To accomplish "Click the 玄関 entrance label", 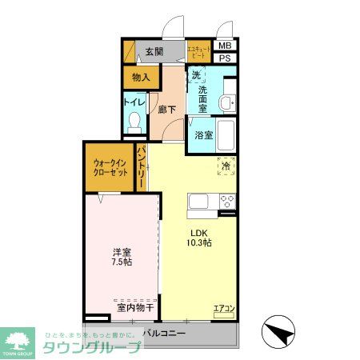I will tap(154, 52).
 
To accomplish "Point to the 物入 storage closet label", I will tap(141, 77).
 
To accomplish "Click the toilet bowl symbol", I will tap(134, 121).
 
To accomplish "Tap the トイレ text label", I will tap(134, 102).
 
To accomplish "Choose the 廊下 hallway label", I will tap(166, 109).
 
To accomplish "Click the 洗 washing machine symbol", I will tap(197, 77).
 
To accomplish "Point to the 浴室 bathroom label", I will tap(204, 134).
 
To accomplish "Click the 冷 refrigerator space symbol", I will tap(226, 165).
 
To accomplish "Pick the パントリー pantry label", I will tap(141, 167).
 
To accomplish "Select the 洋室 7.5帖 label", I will tap(122, 256).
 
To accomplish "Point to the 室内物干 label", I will tap(134, 306).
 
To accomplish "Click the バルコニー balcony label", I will tap(165, 333).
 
